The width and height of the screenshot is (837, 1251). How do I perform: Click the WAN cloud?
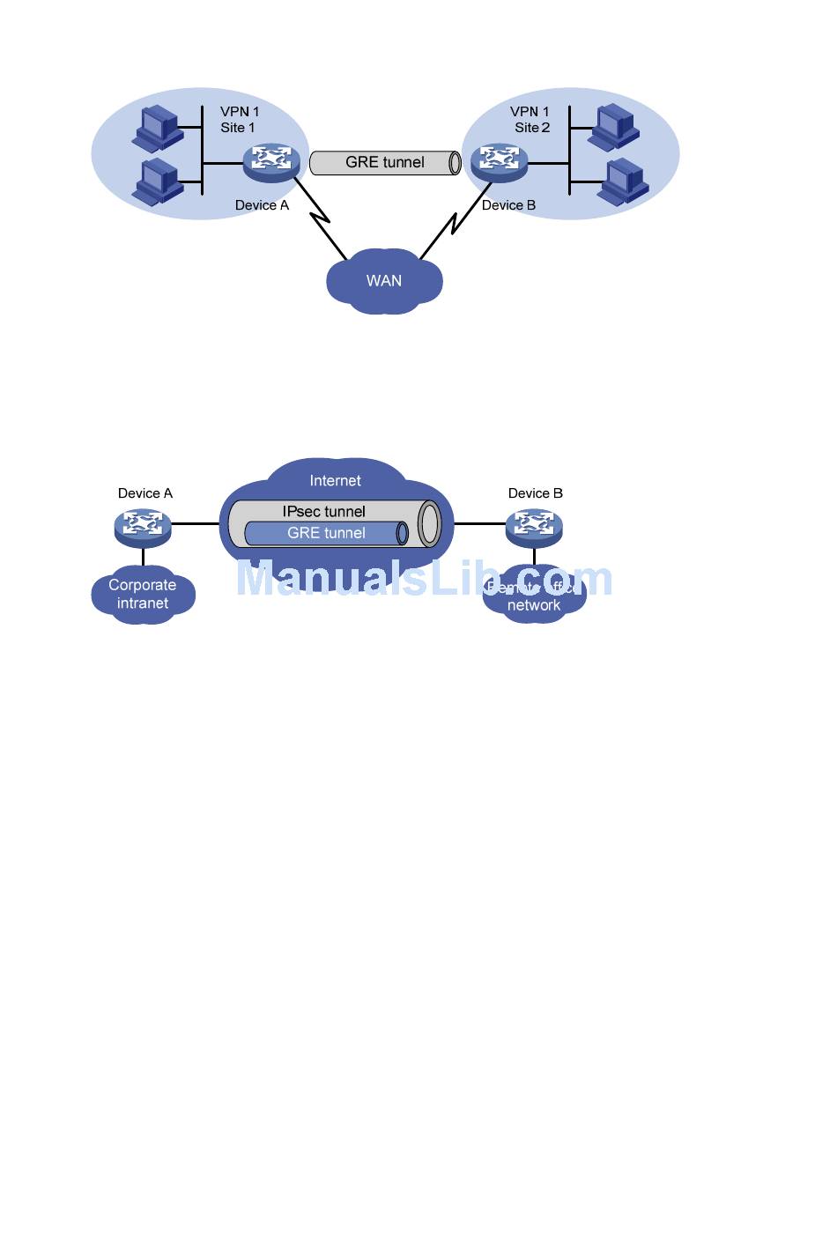(384, 281)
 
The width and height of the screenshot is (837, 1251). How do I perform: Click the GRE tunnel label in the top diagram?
(384, 162)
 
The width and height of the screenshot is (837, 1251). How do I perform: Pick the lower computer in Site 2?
(625, 181)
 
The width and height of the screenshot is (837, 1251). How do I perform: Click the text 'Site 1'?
(237, 128)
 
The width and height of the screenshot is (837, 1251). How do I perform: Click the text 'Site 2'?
(532, 128)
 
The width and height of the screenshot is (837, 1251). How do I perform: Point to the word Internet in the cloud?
(335, 481)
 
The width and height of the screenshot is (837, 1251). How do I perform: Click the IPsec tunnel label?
(323, 512)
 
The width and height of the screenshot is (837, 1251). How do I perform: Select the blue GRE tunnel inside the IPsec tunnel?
(326, 533)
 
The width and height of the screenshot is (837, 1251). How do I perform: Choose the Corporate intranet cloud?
(143, 595)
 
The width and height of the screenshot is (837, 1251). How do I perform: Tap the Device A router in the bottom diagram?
(143, 526)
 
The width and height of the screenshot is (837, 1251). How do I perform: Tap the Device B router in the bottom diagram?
(534, 526)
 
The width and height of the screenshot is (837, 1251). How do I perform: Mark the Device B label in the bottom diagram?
(535, 493)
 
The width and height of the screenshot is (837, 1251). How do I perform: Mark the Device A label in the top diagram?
(262, 205)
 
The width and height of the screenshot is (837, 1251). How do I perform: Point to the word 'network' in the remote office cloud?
(534, 606)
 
